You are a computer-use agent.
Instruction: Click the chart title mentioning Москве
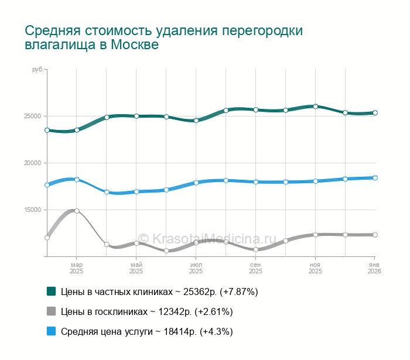click(164, 37)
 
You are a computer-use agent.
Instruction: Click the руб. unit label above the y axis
click(37, 70)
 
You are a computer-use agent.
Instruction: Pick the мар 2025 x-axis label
click(77, 268)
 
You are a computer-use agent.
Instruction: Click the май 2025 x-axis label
click(136, 268)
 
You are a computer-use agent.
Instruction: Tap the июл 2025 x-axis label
click(196, 268)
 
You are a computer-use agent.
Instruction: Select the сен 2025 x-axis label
click(256, 268)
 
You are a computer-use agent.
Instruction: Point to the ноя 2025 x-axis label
click(316, 268)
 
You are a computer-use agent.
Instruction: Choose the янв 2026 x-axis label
click(374, 268)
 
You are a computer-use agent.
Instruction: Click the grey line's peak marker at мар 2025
click(77, 211)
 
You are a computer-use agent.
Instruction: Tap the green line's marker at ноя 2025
click(316, 107)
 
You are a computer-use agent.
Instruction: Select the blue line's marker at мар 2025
click(77, 179)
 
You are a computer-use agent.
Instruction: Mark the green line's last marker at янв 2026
click(375, 113)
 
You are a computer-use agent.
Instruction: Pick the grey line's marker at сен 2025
click(256, 250)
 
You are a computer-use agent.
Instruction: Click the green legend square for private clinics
click(52, 291)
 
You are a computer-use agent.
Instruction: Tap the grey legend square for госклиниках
click(52, 311)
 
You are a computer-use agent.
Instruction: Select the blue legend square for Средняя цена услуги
click(52, 331)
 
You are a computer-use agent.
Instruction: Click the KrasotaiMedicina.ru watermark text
click(207, 238)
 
